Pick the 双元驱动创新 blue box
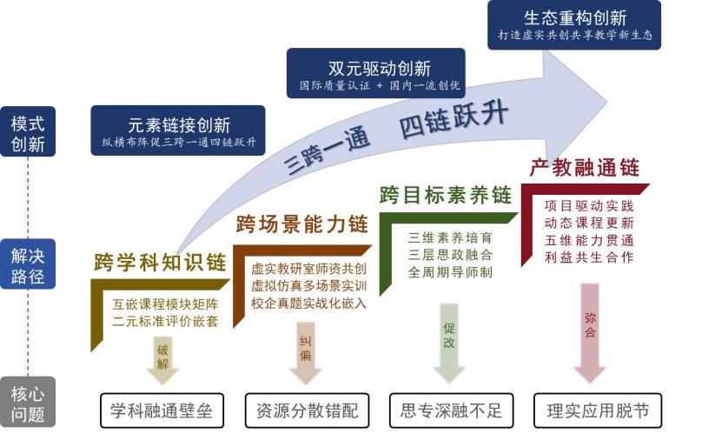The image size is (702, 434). [375, 73]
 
